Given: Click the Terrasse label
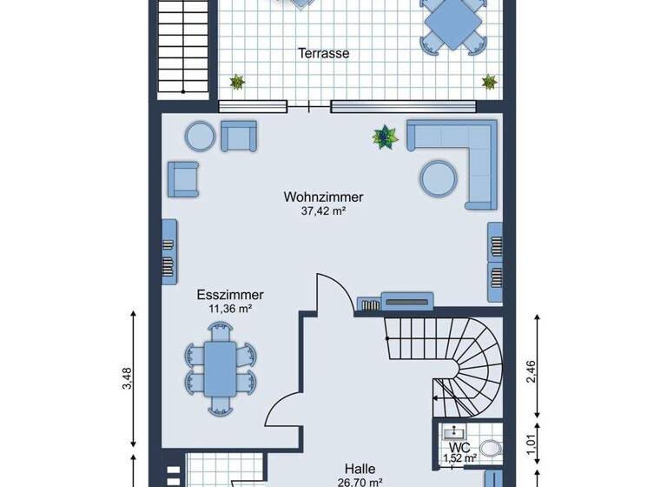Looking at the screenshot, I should (323, 53).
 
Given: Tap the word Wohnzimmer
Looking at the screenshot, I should (323, 197).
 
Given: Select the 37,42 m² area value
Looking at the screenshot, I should (323, 210).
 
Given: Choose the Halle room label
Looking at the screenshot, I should (359, 469).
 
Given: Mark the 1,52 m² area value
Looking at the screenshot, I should (459, 458).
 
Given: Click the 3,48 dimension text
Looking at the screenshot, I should (128, 377).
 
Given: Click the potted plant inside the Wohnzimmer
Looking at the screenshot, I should (383, 136).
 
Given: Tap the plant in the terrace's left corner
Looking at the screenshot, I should (236, 83).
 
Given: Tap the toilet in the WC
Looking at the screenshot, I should (490, 449).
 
